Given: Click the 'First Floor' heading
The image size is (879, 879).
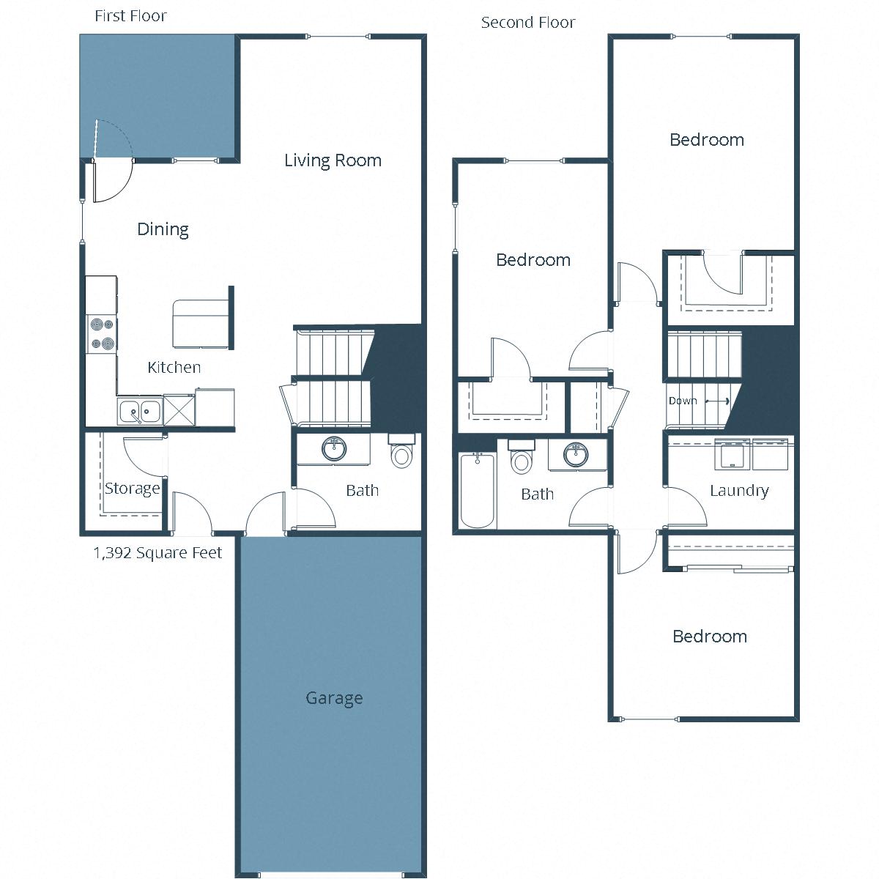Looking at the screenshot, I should click(x=130, y=16).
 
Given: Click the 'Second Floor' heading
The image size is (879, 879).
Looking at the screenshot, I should click(x=527, y=23).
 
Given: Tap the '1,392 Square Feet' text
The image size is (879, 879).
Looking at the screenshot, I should click(x=157, y=553).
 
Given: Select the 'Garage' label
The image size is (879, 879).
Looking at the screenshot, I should click(x=334, y=698).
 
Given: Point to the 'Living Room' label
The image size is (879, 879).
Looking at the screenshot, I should click(x=333, y=160).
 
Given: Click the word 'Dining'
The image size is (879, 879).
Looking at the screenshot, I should click(x=163, y=229).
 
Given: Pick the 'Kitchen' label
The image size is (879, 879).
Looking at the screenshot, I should click(x=174, y=368).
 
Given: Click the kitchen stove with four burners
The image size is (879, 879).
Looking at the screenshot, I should click(x=102, y=334).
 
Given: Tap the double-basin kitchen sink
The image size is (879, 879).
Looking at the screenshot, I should click(x=140, y=411).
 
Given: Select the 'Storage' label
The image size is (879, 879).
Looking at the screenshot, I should click(x=132, y=489).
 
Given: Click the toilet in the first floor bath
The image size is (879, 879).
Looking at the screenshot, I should click(x=401, y=453).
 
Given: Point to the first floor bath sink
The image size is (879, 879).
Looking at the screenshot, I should click(x=335, y=449).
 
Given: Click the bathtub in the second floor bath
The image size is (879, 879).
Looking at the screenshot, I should click(x=477, y=491).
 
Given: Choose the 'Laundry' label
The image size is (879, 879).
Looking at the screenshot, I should click(x=739, y=491).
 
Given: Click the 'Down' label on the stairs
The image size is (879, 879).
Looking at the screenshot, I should click(x=683, y=401).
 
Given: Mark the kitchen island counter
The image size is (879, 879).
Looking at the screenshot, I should click(x=200, y=323).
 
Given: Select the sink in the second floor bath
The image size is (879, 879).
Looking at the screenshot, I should click(x=576, y=454).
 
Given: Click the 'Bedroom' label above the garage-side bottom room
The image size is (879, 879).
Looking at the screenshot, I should click(x=710, y=637).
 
